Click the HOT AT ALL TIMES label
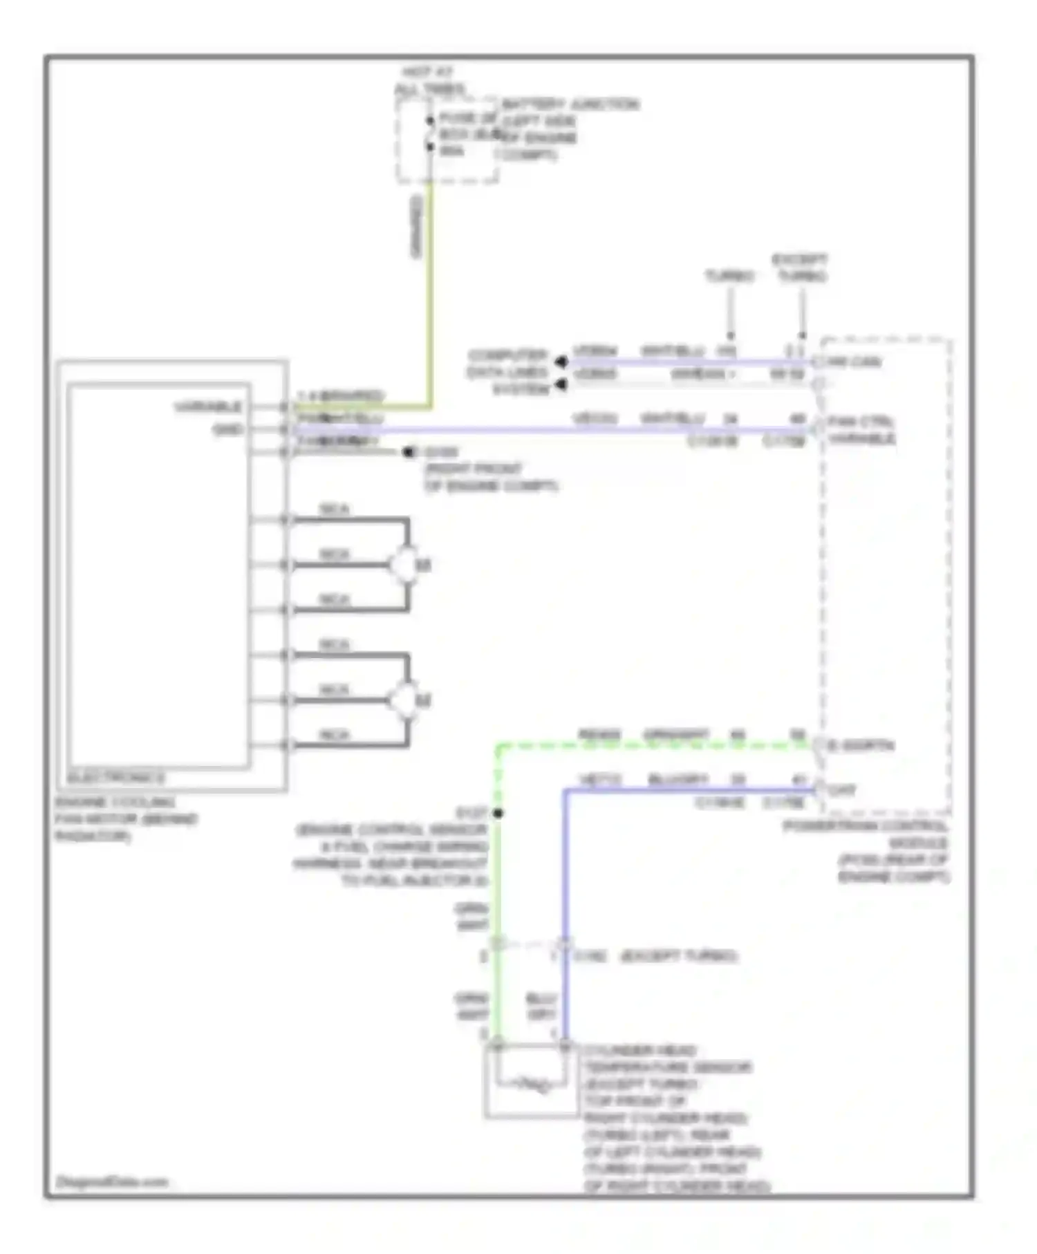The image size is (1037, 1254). point(429,80)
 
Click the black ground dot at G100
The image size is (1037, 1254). point(409,452)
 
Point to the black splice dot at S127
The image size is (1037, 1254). point(498,813)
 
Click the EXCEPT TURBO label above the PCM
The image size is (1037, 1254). point(800,268)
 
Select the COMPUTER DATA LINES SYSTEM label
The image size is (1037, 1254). point(508,373)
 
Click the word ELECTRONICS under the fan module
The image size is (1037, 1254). point(116,778)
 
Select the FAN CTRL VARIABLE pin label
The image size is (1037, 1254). point(861,430)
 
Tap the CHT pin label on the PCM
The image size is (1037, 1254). point(841,789)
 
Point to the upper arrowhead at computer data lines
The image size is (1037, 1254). point(561,362)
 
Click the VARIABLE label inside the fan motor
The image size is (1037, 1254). point(208,406)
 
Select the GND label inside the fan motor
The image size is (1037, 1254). point(227,429)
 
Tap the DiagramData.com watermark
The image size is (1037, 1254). point(112,1181)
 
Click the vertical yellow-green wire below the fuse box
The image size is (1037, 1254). point(430,290)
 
